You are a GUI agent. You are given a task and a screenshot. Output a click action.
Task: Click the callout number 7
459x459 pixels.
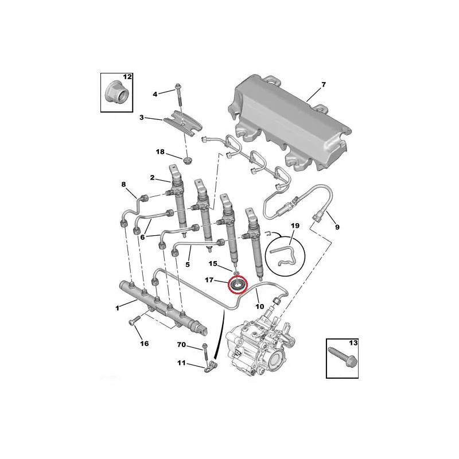click(323, 85)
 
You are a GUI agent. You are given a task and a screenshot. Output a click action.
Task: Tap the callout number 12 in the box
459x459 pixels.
click(127, 77)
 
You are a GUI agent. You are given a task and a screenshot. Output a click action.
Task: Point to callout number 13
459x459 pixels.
click(353, 343)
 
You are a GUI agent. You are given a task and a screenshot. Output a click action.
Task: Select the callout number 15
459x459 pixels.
click(212, 264)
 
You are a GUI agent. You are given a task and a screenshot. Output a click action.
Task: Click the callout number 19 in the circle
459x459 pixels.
click(295, 226)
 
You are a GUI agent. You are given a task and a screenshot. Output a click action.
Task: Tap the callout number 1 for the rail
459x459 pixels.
click(117, 308)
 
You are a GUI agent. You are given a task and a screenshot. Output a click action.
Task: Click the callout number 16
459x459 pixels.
click(144, 343)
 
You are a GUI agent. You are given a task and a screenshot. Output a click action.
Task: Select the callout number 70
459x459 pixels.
click(182, 345)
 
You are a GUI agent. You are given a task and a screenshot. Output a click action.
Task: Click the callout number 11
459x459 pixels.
click(182, 363)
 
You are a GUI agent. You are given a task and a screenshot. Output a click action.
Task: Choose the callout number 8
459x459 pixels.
click(123, 184)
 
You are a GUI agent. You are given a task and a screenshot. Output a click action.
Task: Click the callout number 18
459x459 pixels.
click(161, 152)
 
